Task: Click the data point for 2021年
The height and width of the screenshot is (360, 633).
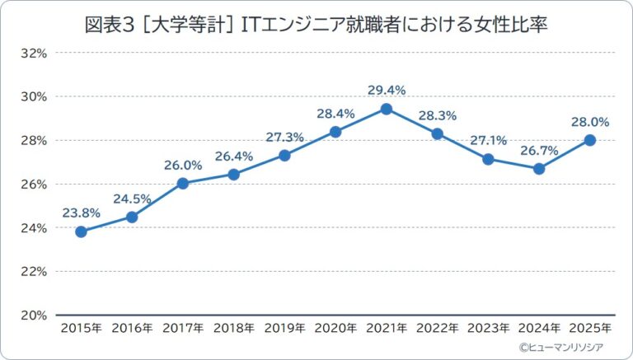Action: (386, 109)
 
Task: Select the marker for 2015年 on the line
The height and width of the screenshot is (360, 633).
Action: (81, 231)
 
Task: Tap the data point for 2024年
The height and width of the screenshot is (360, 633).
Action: (539, 168)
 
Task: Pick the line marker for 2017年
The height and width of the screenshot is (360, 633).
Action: (183, 183)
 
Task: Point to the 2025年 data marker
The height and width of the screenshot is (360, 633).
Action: (589, 140)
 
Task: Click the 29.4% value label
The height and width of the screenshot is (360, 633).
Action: (386, 89)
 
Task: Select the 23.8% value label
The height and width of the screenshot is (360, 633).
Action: (81, 213)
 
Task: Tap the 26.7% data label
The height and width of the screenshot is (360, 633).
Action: (539, 149)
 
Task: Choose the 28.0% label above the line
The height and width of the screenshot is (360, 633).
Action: (589, 121)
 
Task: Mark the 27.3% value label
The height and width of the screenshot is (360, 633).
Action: (284, 136)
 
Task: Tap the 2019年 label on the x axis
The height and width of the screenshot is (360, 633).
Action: (284, 329)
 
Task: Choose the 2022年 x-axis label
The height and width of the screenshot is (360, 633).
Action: (437, 329)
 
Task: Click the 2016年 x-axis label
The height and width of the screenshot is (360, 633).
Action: (132, 329)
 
